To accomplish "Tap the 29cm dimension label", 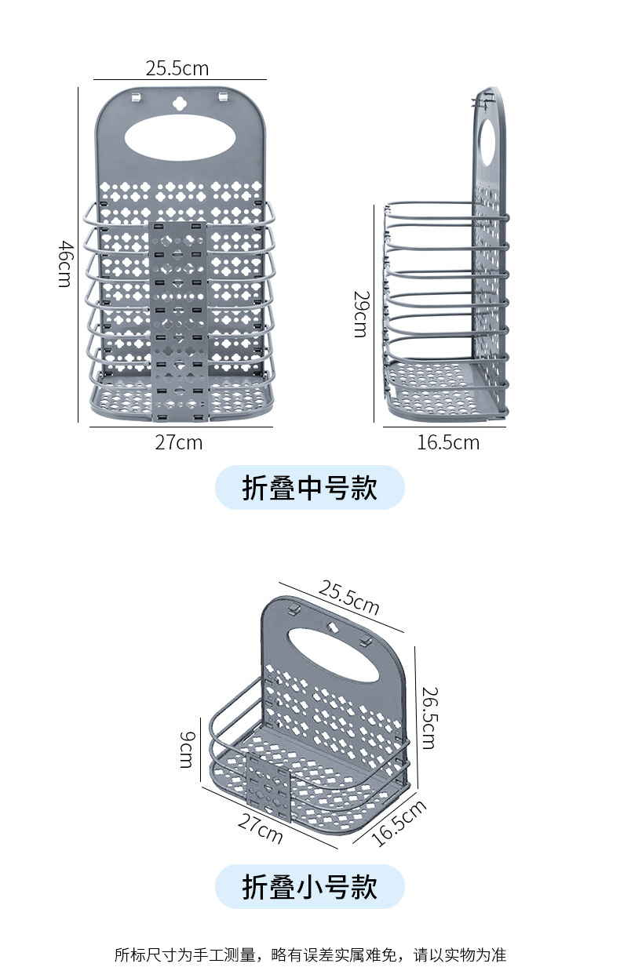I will click(360, 314).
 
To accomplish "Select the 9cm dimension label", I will click(186, 749).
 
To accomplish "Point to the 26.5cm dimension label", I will click(429, 717).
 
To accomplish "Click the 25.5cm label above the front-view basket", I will click(177, 68).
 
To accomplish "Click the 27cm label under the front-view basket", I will click(178, 442).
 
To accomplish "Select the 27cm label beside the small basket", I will click(260, 828).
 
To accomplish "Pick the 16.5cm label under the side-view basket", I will click(447, 442).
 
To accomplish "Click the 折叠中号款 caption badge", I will click(309, 488).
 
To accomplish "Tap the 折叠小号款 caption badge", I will click(309, 887).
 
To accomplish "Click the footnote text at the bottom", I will click(310, 954).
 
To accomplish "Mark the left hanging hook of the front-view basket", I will click(137, 97).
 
